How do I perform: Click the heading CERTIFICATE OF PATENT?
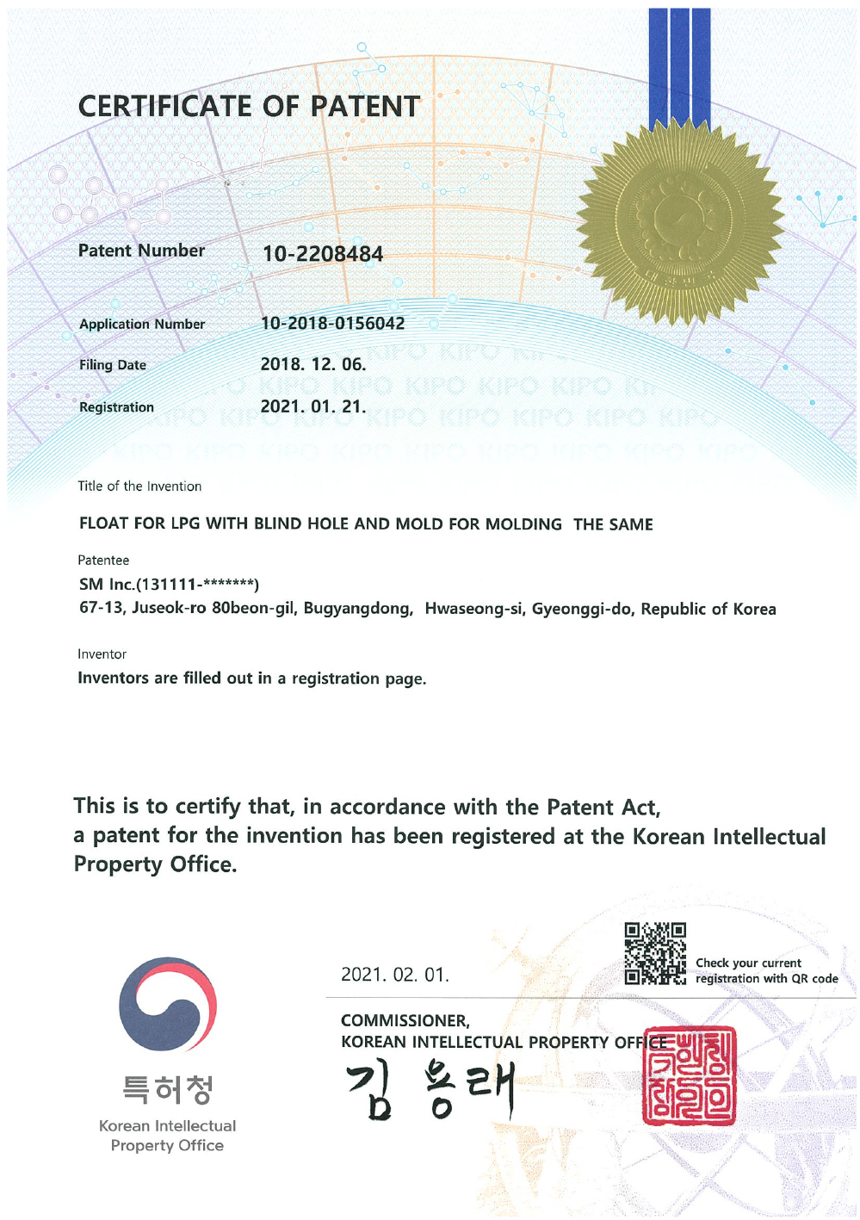coord(249,106)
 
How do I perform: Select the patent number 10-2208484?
coord(322,254)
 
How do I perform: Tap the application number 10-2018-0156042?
coord(332,324)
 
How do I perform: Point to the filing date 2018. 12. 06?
coord(312,364)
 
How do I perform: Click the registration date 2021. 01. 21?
coord(312,406)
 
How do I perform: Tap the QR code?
coord(655,953)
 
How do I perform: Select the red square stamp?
coord(689,1075)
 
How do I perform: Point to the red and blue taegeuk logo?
coord(168,1004)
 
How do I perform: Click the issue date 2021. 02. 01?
coord(394,975)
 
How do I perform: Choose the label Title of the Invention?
coord(139,486)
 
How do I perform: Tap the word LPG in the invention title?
coord(185,523)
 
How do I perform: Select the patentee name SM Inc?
coord(107,585)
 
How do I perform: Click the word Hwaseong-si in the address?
coord(474,609)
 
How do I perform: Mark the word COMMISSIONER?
coord(405,1020)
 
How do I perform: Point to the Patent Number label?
coord(141,251)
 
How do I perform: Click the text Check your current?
coord(748,963)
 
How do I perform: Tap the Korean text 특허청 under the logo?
coord(167,1089)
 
